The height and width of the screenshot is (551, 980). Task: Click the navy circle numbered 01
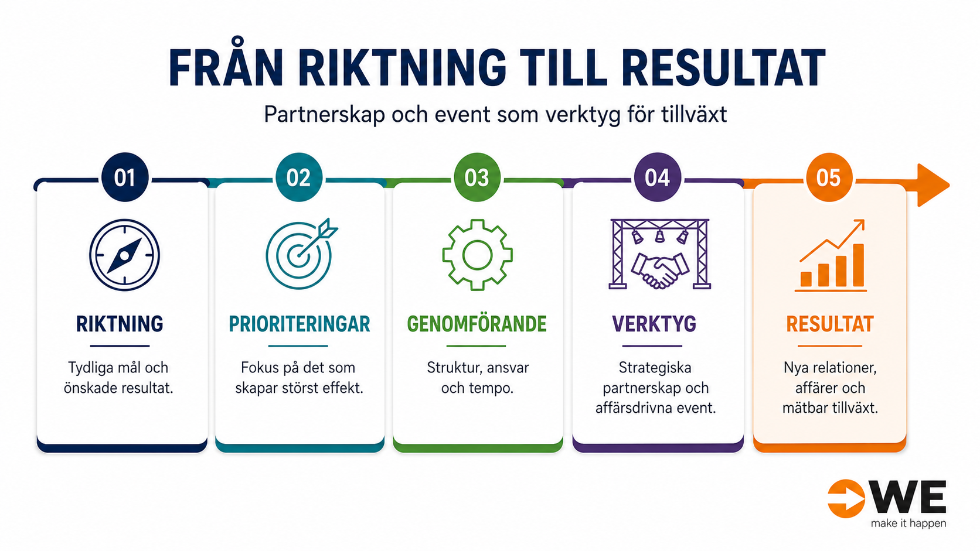(x=125, y=177)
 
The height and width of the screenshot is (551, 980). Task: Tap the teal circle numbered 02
(x=299, y=177)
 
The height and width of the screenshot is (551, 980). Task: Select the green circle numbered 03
(x=477, y=177)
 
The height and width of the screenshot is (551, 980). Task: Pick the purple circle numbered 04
(x=658, y=177)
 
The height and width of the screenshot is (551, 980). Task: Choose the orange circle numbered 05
(x=829, y=177)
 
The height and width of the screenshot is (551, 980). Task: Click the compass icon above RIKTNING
(x=125, y=255)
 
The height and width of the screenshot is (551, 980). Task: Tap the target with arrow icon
(x=301, y=254)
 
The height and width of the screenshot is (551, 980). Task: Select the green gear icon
(x=477, y=255)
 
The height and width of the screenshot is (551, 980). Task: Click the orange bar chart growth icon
(x=831, y=255)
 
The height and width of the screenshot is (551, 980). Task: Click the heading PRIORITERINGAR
(x=300, y=324)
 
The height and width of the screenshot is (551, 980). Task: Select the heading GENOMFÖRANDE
(x=477, y=324)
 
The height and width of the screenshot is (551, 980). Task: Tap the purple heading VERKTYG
(x=654, y=324)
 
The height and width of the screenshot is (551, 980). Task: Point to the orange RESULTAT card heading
(x=830, y=324)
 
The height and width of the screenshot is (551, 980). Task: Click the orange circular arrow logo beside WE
(x=846, y=498)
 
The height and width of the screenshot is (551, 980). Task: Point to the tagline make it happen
(x=908, y=523)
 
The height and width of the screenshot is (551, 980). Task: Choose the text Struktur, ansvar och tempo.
(x=478, y=378)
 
